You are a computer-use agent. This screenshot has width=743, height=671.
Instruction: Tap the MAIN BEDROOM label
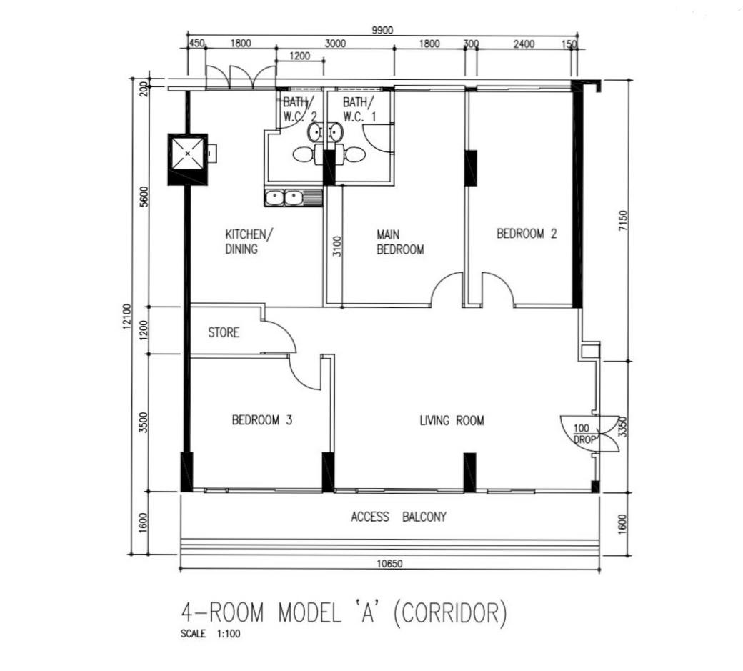click(x=400, y=242)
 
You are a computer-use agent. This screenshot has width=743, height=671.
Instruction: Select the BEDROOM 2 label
click(x=527, y=234)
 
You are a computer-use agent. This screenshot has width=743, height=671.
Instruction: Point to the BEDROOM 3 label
click(x=262, y=420)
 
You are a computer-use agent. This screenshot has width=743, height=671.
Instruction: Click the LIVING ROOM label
click(x=452, y=420)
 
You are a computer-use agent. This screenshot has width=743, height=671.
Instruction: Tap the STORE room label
click(x=224, y=333)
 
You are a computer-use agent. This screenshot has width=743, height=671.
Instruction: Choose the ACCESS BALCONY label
click(x=399, y=517)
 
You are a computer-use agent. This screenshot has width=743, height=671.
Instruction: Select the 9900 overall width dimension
click(x=382, y=30)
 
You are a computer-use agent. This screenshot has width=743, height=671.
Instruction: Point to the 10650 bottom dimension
click(x=389, y=564)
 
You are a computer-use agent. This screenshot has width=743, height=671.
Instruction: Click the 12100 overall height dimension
click(x=126, y=317)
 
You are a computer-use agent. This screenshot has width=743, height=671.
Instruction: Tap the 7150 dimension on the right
click(x=623, y=221)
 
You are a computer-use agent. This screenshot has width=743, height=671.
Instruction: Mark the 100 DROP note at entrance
click(x=583, y=434)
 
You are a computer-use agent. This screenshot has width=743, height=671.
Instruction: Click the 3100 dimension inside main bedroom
click(x=337, y=247)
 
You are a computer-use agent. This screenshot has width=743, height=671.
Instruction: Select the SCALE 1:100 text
click(x=210, y=634)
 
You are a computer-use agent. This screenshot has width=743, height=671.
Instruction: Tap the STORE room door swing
click(x=279, y=337)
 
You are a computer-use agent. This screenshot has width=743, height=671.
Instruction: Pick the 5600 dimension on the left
click(x=144, y=197)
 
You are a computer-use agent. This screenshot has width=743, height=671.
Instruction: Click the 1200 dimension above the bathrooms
click(x=299, y=56)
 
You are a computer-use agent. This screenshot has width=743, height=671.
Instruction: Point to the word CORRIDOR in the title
click(x=450, y=612)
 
